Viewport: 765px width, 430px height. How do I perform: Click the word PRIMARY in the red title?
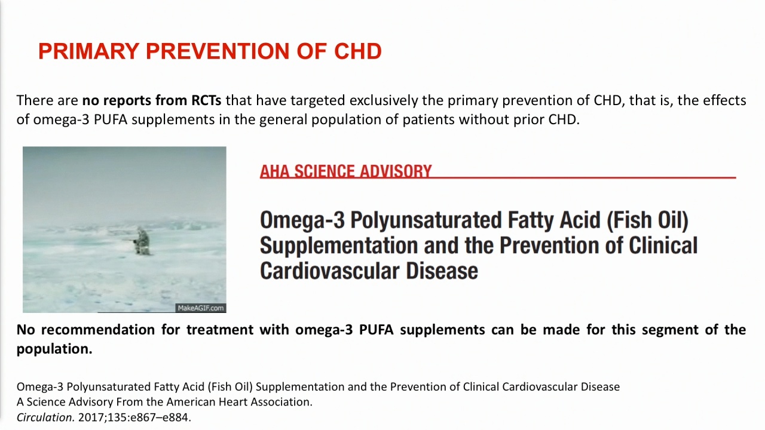point(88,51)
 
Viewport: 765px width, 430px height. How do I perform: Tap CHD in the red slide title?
point(357,51)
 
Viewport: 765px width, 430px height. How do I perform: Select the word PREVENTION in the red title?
point(218,51)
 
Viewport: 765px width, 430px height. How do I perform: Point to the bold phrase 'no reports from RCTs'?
point(152,100)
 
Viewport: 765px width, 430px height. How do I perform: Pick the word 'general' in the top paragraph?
point(283,120)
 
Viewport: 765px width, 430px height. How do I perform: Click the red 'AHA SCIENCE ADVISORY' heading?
point(345,171)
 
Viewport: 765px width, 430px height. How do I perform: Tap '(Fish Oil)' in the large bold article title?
point(647,220)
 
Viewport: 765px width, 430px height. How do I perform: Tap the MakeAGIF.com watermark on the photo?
point(201,308)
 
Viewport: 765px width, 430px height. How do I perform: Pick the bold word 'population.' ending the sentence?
point(54,349)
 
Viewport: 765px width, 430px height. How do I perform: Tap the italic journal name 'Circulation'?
point(45,417)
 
